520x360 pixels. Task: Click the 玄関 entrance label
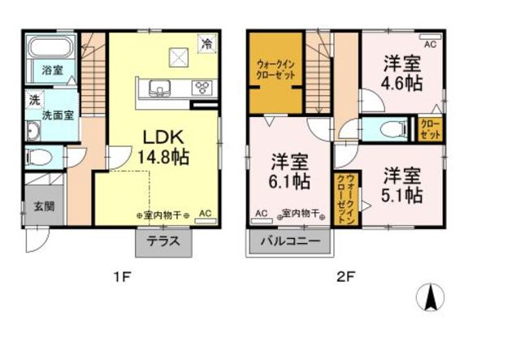[44, 206]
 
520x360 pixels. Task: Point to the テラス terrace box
[163, 241]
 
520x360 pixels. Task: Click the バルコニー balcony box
[290, 241]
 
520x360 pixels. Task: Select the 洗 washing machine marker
[34, 100]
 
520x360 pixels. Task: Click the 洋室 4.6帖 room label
[401, 72]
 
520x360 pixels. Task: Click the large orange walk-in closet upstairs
[275, 72]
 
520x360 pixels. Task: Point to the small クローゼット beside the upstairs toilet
[430, 129]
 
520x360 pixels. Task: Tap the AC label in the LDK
[205, 213]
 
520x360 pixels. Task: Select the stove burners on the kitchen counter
[201, 88]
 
